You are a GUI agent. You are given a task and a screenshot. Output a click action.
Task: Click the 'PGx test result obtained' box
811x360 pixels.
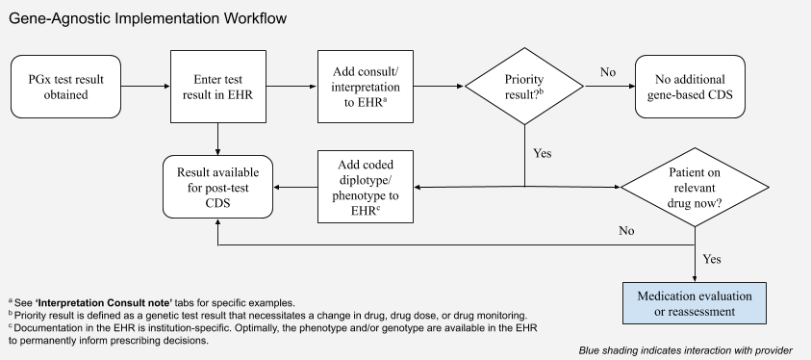click(x=63, y=87)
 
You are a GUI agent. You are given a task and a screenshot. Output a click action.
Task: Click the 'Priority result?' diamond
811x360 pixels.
click(x=524, y=87)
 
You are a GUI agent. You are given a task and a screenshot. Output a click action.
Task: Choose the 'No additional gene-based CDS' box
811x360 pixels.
click(x=690, y=87)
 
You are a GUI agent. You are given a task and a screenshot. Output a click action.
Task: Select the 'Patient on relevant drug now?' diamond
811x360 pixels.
click(x=694, y=186)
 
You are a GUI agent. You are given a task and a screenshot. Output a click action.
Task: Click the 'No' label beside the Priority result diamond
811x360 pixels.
click(x=608, y=72)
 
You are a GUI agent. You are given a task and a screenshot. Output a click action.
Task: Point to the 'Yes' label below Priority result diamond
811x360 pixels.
click(x=543, y=152)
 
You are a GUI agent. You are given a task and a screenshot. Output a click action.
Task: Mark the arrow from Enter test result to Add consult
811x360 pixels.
click(x=294, y=87)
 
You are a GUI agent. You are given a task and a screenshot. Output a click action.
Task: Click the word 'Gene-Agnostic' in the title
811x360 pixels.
click(x=65, y=19)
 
